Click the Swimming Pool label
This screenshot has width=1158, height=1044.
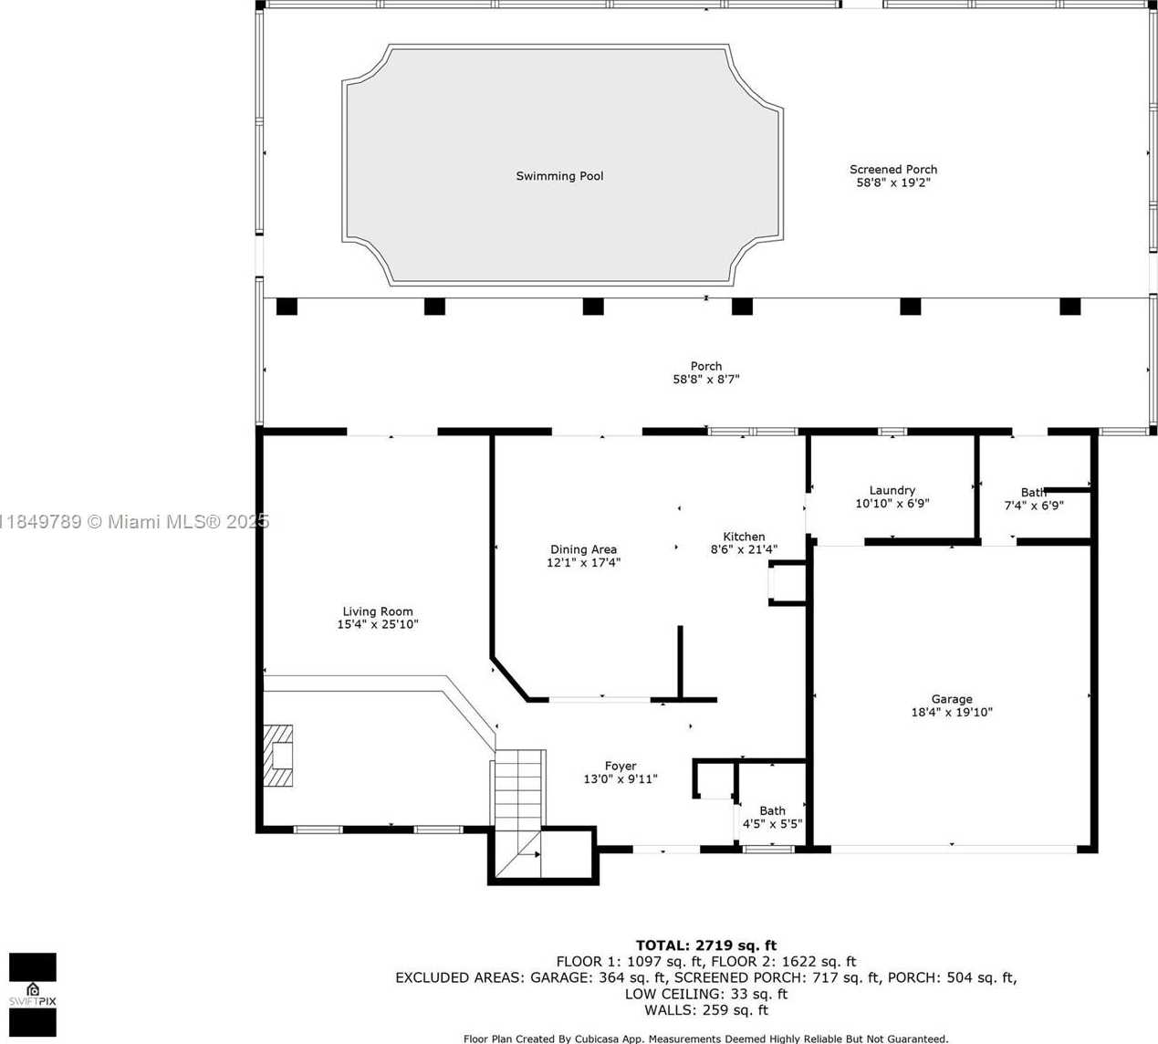(x=559, y=176)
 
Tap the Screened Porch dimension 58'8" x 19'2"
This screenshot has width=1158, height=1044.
(x=893, y=183)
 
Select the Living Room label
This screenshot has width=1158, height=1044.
(x=378, y=611)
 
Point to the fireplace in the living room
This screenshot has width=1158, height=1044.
(x=278, y=756)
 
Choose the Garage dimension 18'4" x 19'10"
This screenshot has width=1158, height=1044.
(x=952, y=712)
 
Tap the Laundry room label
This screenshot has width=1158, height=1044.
(x=892, y=490)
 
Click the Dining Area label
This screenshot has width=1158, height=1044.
(x=583, y=549)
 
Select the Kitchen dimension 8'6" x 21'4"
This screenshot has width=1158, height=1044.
(x=744, y=549)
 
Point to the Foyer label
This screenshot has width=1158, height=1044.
(x=621, y=766)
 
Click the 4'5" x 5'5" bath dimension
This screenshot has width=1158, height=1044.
(x=772, y=824)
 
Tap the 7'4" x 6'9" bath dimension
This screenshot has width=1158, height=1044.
(x=1034, y=506)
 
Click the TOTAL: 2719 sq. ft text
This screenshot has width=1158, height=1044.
(x=706, y=945)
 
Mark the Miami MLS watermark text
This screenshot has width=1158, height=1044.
(x=134, y=521)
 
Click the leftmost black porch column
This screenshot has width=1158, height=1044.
(x=287, y=306)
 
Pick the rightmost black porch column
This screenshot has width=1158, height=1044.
(x=1070, y=306)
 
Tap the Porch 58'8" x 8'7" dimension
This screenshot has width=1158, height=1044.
(x=706, y=380)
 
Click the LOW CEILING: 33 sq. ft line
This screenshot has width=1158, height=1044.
(x=706, y=994)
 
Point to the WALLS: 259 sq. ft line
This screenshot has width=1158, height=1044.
(x=706, y=1010)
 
